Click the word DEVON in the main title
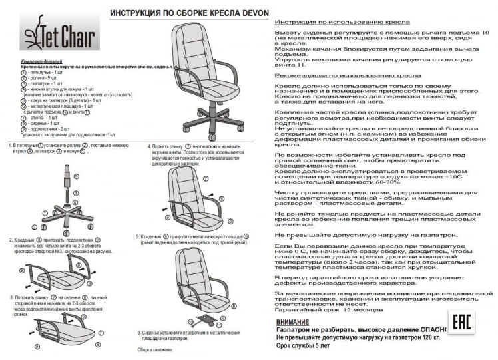click(240, 13)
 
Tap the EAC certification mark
click(462, 325)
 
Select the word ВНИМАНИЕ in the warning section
click(292, 321)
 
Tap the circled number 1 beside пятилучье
click(23, 72)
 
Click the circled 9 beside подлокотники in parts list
click(23, 128)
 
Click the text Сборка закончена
click(154, 349)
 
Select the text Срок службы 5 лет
click(302, 346)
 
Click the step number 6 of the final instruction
click(139, 331)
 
